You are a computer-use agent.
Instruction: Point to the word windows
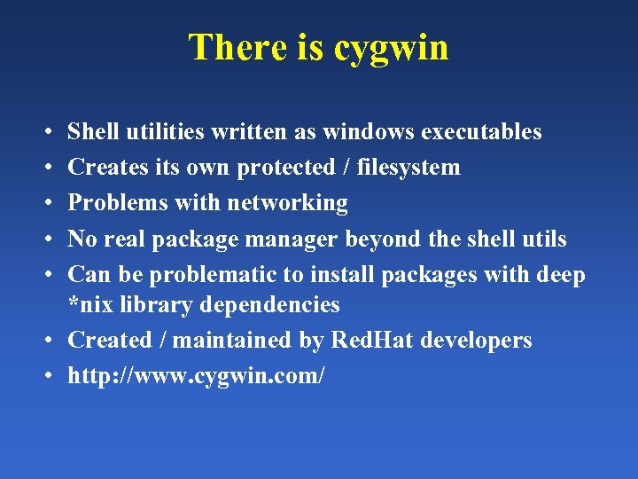(369, 132)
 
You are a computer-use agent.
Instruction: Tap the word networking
(287, 203)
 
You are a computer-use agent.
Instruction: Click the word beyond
(382, 239)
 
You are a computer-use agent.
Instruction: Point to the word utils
(539, 239)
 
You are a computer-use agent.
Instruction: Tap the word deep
(561, 275)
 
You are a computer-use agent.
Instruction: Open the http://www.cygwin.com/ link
(197, 376)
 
